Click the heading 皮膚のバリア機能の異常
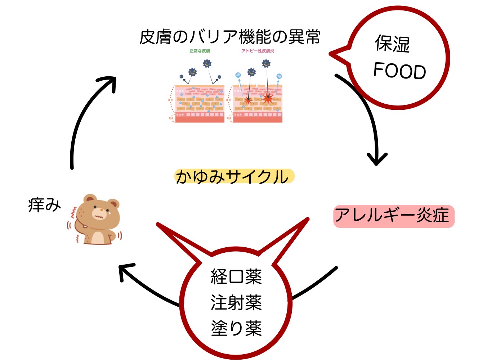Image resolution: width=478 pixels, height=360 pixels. (230, 37)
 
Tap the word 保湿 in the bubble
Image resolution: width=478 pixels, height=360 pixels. (392, 44)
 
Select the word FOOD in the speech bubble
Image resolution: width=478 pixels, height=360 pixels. (399, 71)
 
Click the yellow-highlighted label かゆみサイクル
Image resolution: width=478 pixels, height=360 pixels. (233, 177)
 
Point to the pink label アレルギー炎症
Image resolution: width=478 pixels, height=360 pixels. (394, 216)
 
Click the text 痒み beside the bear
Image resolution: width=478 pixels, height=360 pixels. (44, 206)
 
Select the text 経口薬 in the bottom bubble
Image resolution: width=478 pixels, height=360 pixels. (236, 276)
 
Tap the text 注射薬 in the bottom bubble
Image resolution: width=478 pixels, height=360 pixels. (236, 302)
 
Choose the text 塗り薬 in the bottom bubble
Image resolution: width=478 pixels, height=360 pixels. (236, 328)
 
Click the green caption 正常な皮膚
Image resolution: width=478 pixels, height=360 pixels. (200, 51)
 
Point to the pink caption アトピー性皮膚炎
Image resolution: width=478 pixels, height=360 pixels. (258, 51)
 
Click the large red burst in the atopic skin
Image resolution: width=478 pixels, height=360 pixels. (267, 97)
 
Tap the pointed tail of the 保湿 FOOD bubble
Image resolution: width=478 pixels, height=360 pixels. (333, 54)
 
